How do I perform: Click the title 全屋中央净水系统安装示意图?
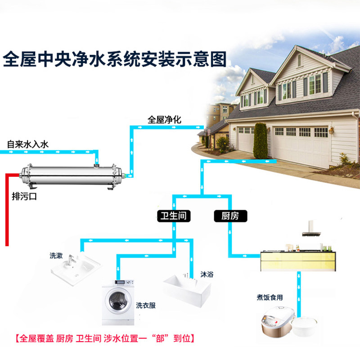pos(115,59)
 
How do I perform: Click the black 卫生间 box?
pos(173,216)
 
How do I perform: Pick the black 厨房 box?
pos(231,216)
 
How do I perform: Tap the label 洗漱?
pos(56,256)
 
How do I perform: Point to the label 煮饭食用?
pos(270,297)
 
